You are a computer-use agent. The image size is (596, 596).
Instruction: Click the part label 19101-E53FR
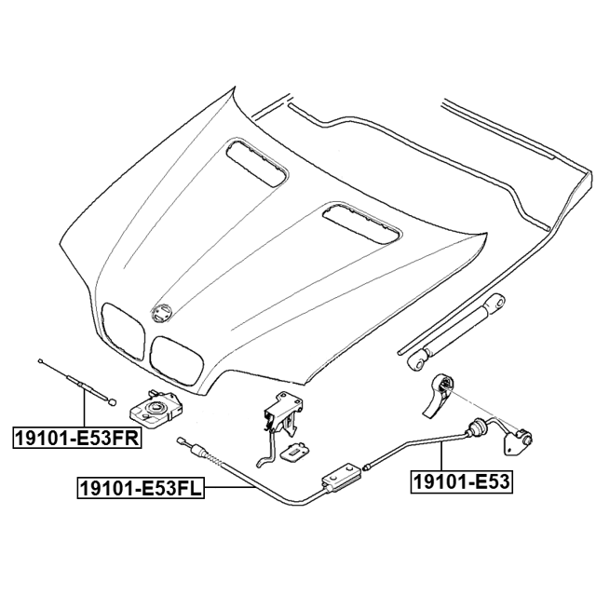(77, 438)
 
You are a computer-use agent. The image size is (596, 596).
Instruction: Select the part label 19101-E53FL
(141, 488)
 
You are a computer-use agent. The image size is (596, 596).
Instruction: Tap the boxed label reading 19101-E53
(461, 482)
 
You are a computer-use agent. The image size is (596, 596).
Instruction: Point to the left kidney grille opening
(123, 331)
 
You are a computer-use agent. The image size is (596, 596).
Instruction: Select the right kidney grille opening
(176, 359)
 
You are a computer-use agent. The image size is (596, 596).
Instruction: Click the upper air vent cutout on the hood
(257, 163)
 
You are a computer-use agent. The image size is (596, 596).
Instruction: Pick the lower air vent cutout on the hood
(361, 223)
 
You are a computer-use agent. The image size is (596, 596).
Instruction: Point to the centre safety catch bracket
(283, 414)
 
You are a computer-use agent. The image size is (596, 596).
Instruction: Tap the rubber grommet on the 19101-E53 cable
(475, 426)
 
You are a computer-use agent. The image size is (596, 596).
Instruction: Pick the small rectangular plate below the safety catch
(294, 452)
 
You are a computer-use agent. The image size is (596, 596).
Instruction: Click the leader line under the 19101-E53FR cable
(84, 405)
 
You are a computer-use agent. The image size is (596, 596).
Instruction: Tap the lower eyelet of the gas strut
(417, 362)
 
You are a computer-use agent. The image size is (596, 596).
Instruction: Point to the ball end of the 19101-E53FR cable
(112, 402)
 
